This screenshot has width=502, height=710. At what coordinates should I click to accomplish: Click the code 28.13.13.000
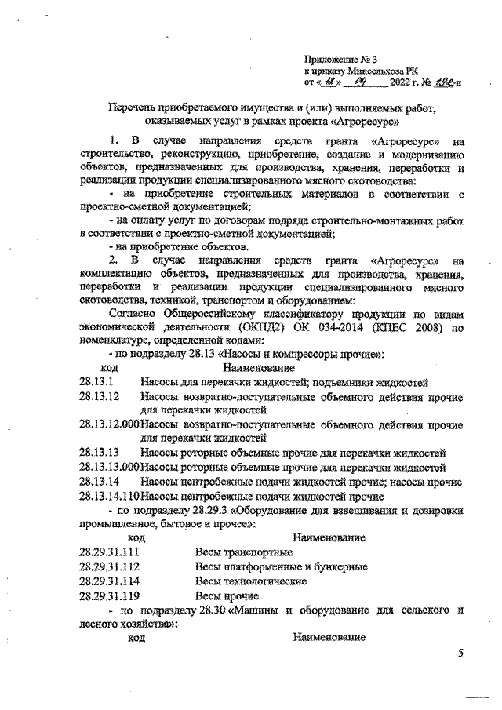[110, 467]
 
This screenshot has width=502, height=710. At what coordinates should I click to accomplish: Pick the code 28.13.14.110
[110, 496]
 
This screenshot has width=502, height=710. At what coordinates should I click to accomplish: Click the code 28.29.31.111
[110, 553]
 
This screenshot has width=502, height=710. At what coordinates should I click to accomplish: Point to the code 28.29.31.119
[110, 596]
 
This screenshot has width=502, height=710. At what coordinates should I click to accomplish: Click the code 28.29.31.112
[110, 567]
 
